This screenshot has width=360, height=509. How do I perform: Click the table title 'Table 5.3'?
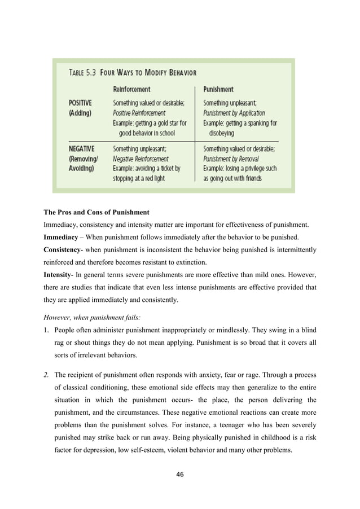[85, 72]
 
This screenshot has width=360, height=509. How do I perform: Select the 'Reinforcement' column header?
[131, 89]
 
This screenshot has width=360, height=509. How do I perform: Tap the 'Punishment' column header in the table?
[218, 89]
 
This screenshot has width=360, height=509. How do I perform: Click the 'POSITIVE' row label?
[80, 103]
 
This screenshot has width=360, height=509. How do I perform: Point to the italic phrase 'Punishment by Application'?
[234, 113]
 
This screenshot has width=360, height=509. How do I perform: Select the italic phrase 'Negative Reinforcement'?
[141, 159]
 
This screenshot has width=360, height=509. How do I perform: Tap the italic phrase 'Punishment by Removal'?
[231, 159]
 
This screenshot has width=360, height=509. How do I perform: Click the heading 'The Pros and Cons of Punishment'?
[96, 213]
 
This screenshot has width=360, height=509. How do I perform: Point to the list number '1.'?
[46, 331]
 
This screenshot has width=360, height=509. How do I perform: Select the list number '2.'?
[46, 374]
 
